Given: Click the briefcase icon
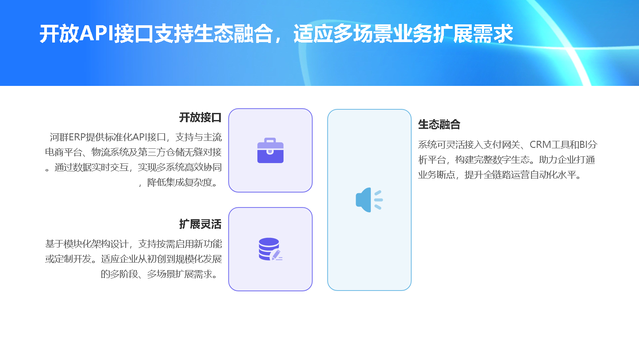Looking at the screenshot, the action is pyautogui.click(x=270, y=151).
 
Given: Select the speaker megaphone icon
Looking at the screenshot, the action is pyautogui.click(x=369, y=200).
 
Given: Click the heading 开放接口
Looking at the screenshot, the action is pyautogui.click(x=200, y=118).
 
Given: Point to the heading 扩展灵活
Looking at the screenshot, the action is pyautogui.click(x=200, y=224).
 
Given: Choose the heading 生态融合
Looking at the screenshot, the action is pyautogui.click(x=439, y=124).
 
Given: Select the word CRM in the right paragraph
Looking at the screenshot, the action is pyautogui.click(x=540, y=145).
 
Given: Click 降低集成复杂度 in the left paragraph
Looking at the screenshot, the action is pyautogui.click(x=180, y=182).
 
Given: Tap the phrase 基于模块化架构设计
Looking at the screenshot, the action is pyautogui.click(x=87, y=244).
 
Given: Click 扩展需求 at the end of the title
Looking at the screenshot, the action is pyautogui.click(x=473, y=34).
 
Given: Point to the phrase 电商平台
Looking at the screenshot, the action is pyautogui.click(x=63, y=152).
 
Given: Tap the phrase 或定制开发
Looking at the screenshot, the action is pyautogui.click(x=68, y=259).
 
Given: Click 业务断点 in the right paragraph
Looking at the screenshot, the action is pyautogui.click(x=436, y=175).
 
